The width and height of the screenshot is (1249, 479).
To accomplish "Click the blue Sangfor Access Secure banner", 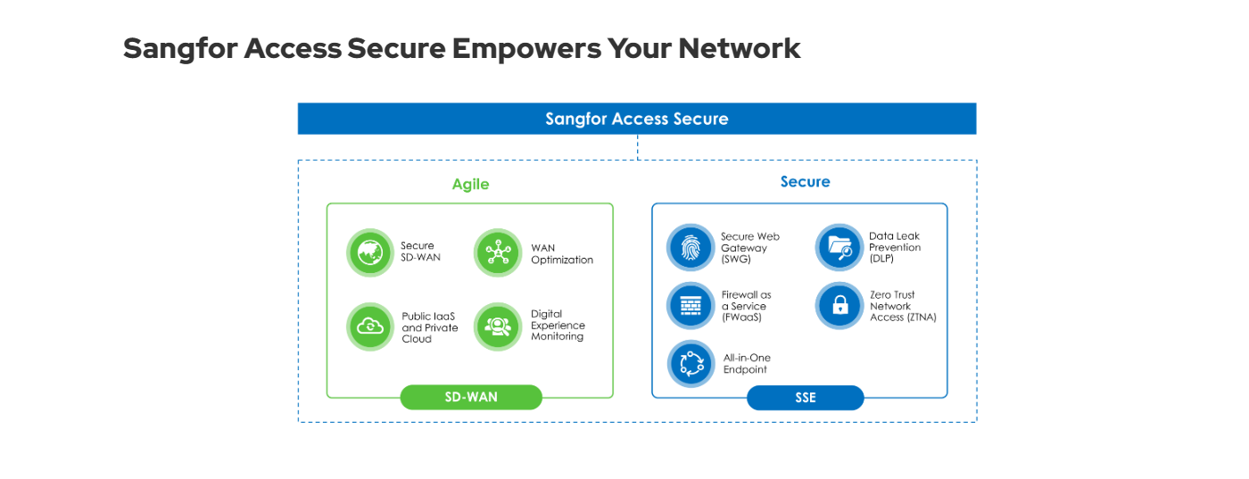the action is pos(637,119).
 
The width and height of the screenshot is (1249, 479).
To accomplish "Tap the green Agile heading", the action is pos(471,185).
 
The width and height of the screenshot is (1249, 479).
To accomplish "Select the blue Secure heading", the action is pos(805,182).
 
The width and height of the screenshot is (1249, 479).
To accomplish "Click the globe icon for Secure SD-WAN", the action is pos(370,252).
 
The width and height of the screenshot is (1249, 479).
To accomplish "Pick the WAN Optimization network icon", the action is pos(498,252).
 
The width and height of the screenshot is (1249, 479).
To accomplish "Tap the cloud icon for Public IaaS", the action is pos(370,326).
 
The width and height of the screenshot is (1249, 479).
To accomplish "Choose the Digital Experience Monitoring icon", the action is pos(498,326).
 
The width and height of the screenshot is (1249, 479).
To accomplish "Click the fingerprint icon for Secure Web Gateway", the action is pos(691,248).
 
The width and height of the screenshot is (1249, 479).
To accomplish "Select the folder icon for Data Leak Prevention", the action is pos(840,248).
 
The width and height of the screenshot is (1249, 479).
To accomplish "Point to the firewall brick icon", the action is pos(691,306).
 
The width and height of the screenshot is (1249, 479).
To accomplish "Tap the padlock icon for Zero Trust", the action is pos(840,306).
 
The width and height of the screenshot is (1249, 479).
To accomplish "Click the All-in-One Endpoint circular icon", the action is pos(691,364).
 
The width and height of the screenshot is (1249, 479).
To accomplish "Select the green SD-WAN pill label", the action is pos(471,397).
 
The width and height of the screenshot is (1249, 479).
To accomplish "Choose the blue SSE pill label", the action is pos(805,398).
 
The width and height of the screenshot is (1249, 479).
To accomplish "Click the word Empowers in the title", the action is pos(527,48).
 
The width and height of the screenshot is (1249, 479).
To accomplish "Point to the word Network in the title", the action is pos(740,48).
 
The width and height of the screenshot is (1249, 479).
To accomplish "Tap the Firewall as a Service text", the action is pos(746,306).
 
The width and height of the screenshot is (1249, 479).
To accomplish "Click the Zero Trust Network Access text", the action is pos(903,306).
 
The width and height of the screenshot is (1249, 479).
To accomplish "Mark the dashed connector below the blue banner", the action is pos(637,147).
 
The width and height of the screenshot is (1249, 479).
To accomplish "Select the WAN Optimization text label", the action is pos(562,253).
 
